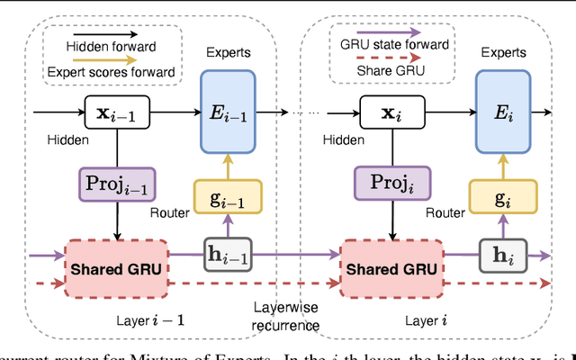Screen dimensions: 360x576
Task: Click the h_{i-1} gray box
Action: click(229, 256)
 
